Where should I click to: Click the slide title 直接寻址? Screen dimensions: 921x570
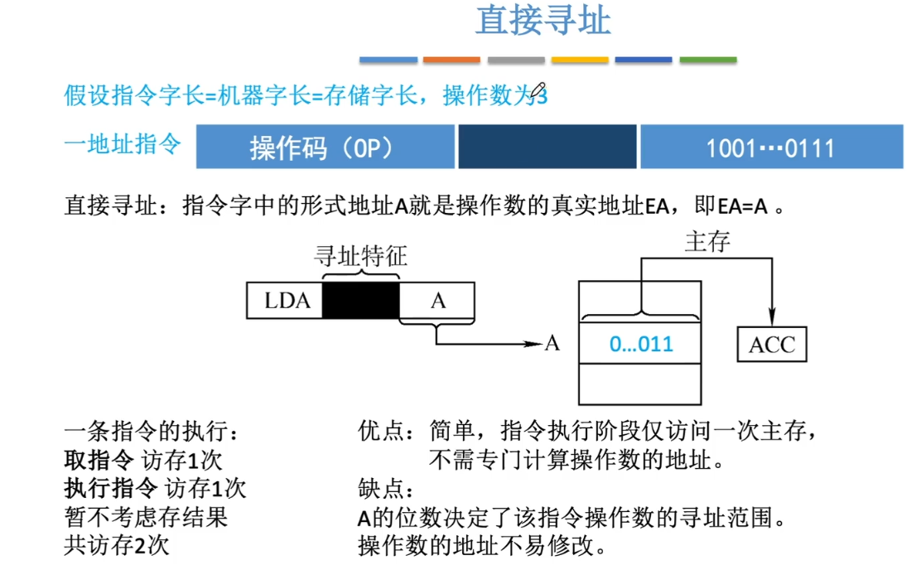pos(543,21)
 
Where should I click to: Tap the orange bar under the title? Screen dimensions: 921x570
pos(451,60)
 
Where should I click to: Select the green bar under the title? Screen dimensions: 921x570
pos(708,60)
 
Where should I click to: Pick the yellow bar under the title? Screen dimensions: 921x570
pos(580,60)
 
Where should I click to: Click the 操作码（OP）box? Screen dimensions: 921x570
pos(325,147)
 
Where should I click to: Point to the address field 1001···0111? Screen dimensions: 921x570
pos(772,147)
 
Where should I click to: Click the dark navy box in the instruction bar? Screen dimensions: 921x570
pos(547,147)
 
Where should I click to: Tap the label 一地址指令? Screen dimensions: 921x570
pos(123,144)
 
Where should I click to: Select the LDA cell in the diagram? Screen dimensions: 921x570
pos(285,300)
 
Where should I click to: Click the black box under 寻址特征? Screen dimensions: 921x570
pos(360,300)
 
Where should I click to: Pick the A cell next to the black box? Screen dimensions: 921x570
pos(437,300)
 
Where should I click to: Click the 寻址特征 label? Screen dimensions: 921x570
pos(360,256)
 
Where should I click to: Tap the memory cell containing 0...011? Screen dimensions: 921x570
pos(640,343)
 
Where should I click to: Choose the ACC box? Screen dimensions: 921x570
pos(772,345)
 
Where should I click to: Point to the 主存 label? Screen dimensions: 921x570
pos(708,242)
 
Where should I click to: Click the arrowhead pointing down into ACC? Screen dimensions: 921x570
pos(773,317)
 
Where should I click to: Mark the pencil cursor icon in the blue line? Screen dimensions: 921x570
pos(538,90)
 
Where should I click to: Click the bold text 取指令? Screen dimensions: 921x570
pos(99,460)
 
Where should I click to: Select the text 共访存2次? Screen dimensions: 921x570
pos(117,545)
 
